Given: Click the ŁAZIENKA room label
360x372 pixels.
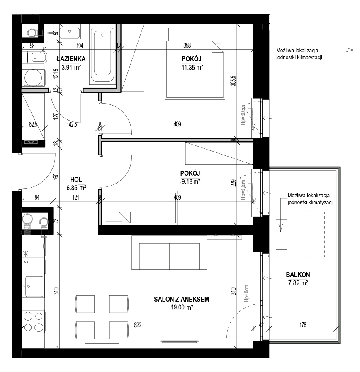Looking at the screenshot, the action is click(71, 59).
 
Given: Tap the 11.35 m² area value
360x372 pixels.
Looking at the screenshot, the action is click(192, 68).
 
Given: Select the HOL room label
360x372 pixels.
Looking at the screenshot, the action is click(76, 180).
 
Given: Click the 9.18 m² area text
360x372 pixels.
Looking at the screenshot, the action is click(190, 182).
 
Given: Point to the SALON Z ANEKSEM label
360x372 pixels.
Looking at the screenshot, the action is click(181, 299).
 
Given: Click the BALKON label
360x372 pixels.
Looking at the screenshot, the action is click(298, 275).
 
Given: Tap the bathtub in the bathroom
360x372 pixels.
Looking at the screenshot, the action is click(102, 55).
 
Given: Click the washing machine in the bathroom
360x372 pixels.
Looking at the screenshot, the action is click(33, 78).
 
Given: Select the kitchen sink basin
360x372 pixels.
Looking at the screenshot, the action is click(34, 286).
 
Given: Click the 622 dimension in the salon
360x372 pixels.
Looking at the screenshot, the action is click(138, 325).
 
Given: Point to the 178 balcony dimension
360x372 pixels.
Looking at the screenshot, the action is click(303, 325).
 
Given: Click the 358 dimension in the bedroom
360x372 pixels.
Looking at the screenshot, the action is click(187, 45).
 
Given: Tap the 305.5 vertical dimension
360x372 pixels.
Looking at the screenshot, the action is click(234, 81).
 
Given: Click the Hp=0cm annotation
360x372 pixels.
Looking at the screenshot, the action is click(246, 293).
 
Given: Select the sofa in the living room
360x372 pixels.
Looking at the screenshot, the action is click(169, 252).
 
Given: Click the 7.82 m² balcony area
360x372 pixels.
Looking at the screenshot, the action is click(298, 283).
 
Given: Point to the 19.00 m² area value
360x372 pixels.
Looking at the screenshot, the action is click(182, 307).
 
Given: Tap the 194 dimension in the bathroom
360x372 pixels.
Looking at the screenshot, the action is click(80, 46).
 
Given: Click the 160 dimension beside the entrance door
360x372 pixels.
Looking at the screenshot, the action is click(56, 176).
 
